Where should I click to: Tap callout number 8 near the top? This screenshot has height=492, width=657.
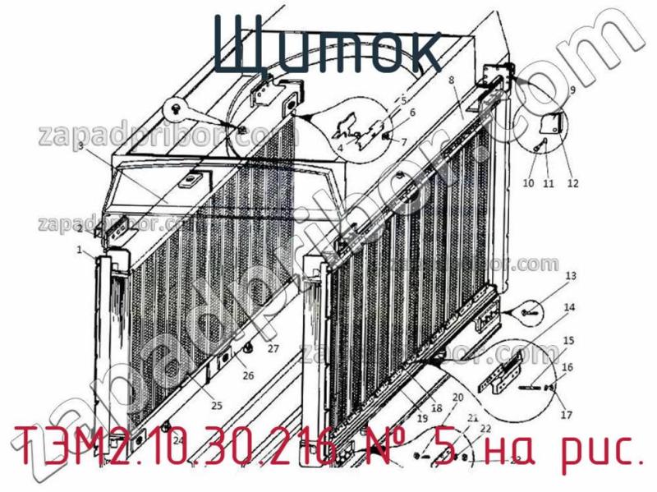pos(451,80)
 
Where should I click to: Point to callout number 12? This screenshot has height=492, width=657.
pos(572,183)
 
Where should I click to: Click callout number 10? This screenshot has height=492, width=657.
pos(528,183)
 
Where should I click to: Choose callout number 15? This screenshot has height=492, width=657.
pos(567,340)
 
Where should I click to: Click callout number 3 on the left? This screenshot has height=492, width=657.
pos(80,146)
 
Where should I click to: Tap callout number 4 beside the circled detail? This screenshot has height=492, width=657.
pos(339,149)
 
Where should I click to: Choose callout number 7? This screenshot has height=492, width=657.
pos(404,142)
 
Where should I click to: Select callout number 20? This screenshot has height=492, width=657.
pos(457,398)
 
